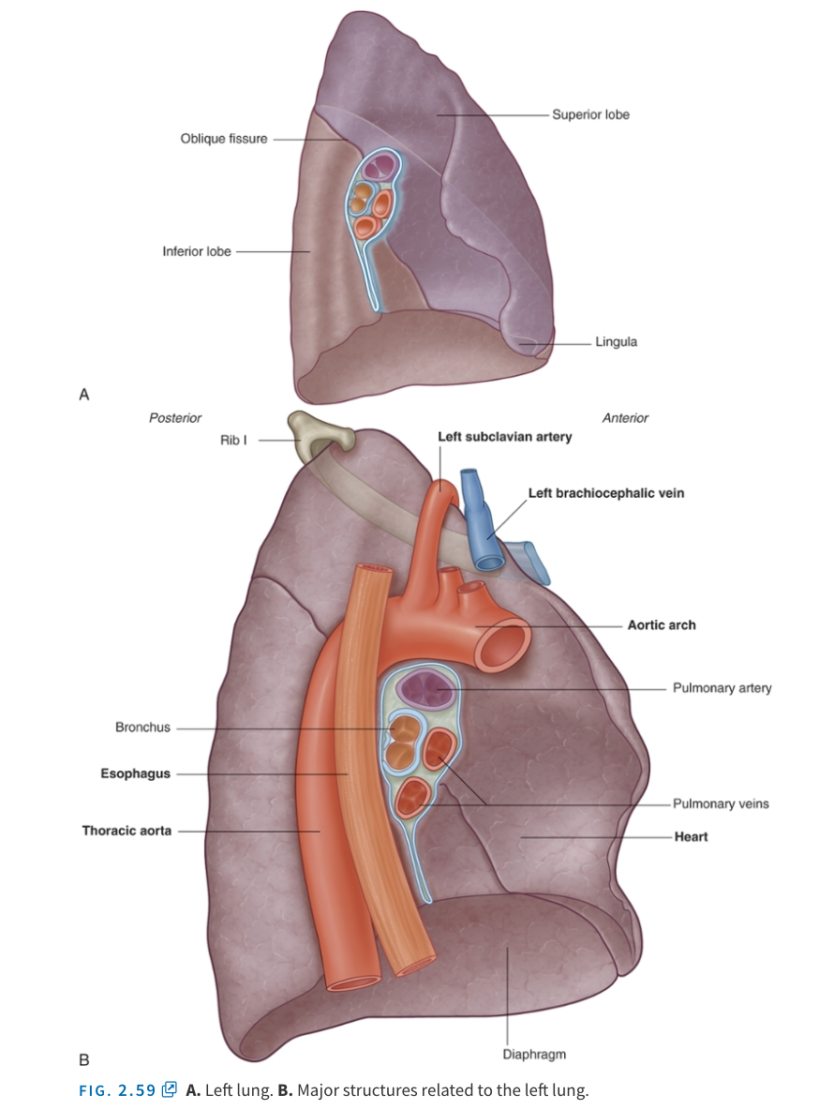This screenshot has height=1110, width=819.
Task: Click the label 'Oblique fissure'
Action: [x=223, y=139]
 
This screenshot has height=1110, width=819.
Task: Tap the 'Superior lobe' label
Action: [x=590, y=114]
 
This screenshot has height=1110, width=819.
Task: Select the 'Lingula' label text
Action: [x=616, y=341]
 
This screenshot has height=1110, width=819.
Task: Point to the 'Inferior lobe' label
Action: [x=196, y=251]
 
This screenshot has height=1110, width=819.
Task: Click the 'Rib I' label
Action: [x=232, y=439]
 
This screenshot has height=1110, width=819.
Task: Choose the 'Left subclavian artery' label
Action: [x=504, y=437]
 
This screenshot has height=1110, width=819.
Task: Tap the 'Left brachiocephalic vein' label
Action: [x=605, y=493]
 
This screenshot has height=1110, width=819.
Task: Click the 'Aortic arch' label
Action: [x=661, y=625]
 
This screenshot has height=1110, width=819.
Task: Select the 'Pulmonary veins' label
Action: [x=721, y=803]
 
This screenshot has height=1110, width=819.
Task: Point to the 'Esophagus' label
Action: [x=136, y=774]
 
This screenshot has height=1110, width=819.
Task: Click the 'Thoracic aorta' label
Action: [x=127, y=831]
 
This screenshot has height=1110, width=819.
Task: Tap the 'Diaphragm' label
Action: [x=534, y=1055]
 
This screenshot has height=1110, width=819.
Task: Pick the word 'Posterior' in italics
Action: [x=175, y=418]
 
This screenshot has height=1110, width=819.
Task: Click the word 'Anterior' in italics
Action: [x=625, y=418]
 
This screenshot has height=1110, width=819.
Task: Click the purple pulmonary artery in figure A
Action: [x=381, y=168]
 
